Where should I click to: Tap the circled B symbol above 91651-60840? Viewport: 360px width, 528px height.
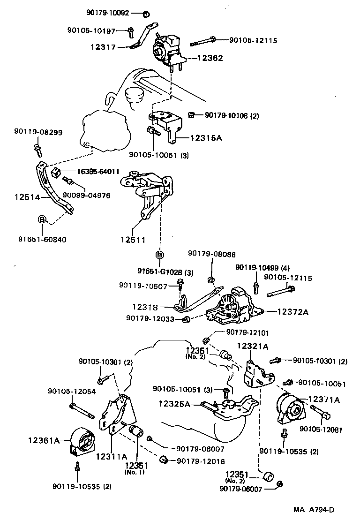coord(42,219)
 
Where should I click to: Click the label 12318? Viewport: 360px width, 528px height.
coord(145,307)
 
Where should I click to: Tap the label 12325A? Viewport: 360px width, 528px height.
coord(174,403)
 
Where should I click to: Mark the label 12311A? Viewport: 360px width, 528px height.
coord(112,456)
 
